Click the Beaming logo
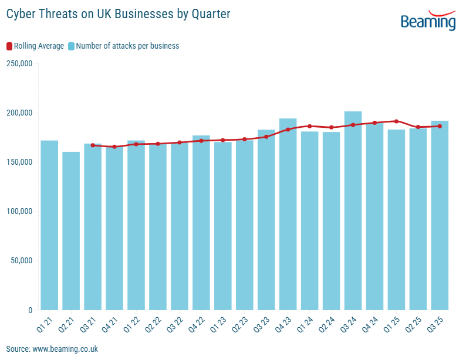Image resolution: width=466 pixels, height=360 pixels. tap(428, 21)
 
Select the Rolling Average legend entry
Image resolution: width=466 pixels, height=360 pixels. tap(35, 46)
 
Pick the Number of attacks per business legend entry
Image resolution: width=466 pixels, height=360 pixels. tap(123, 46)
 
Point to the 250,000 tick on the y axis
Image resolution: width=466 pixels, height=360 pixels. tap(19, 63)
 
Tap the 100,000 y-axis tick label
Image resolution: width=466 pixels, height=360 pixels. tap(19, 212)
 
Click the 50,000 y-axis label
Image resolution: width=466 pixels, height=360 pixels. tap(22, 261)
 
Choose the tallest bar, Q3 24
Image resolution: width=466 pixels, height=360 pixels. tap(353, 210)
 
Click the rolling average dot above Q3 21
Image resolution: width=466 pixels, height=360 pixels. tap(93, 145)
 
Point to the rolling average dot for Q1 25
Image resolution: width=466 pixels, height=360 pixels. tap(397, 121)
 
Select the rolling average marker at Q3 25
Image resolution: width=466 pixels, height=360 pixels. tap(440, 126)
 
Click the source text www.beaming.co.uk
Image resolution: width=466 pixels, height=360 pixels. tap(52, 349)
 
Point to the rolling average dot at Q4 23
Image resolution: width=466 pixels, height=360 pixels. tap(288, 130)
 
